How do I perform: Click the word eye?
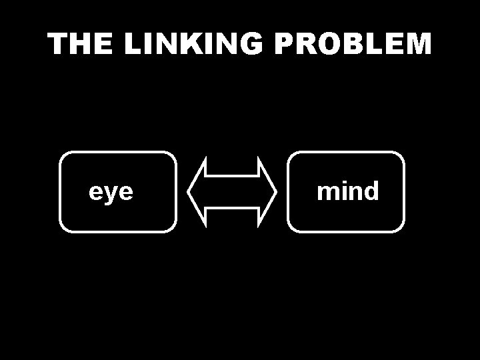tap(111, 192)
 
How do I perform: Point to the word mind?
tap(347, 191)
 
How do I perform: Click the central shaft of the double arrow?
tap(232, 192)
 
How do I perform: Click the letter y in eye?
tap(111, 194)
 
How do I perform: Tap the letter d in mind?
tap(371, 191)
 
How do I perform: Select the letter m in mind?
tap(327, 193)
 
